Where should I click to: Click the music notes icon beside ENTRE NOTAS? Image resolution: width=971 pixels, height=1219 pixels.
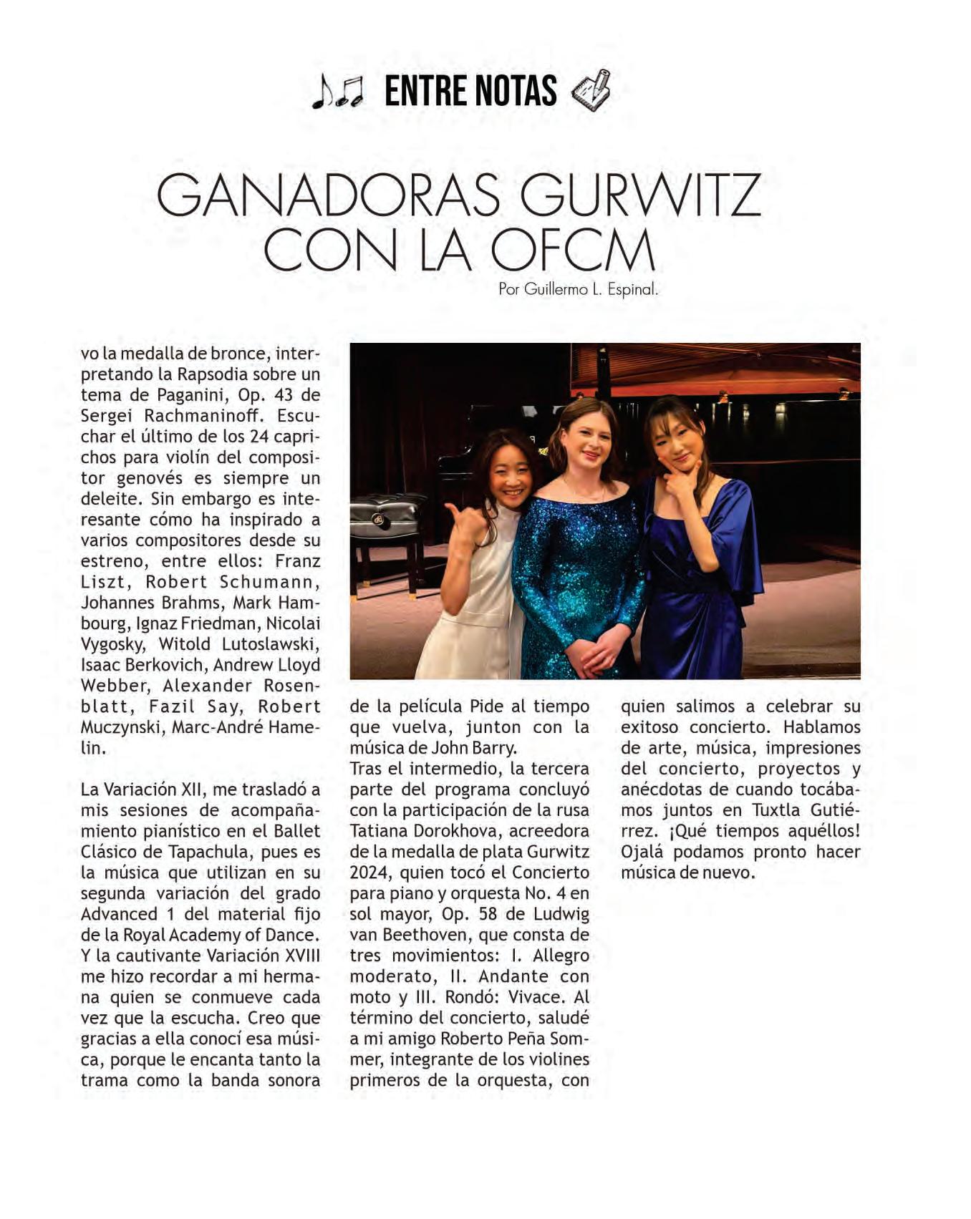point(337,92)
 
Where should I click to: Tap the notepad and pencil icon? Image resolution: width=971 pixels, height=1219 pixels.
point(591,90)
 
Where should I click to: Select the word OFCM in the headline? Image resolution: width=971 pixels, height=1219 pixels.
point(573,251)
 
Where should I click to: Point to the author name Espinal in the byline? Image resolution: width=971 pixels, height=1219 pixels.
point(632,290)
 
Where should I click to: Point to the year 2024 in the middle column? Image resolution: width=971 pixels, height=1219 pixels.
point(369,873)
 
